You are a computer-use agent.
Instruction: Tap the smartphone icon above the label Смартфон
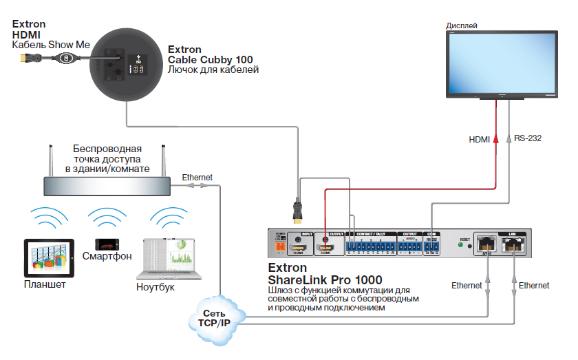[x=107, y=244]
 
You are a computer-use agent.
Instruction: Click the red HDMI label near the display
[x=479, y=140]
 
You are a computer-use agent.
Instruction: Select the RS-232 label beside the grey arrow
[x=528, y=138]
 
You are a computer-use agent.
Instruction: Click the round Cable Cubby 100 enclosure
[x=125, y=65]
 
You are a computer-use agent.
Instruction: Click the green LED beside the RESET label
[x=459, y=243]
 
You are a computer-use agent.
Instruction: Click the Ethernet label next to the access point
[x=197, y=177]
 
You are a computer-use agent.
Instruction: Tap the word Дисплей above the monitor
[x=462, y=25]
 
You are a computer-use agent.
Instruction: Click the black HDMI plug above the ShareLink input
[x=298, y=210]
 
